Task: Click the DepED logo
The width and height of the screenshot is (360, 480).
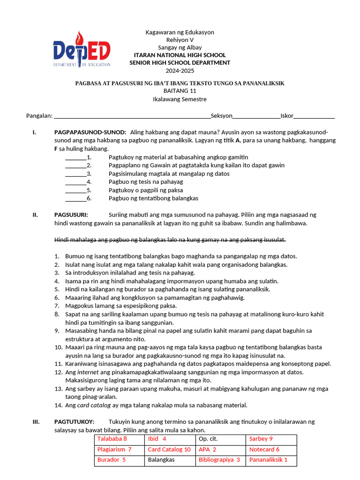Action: tap(82, 49)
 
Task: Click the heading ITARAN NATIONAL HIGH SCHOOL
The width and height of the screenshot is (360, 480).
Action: tap(180, 55)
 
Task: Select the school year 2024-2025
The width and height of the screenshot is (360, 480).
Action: tap(180, 70)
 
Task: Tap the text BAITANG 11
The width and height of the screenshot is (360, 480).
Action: tap(180, 91)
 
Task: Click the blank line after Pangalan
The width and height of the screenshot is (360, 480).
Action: tap(133, 116)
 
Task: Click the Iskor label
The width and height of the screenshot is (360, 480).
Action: tap(287, 116)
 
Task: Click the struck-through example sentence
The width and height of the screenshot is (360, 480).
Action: tap(170, 240)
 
